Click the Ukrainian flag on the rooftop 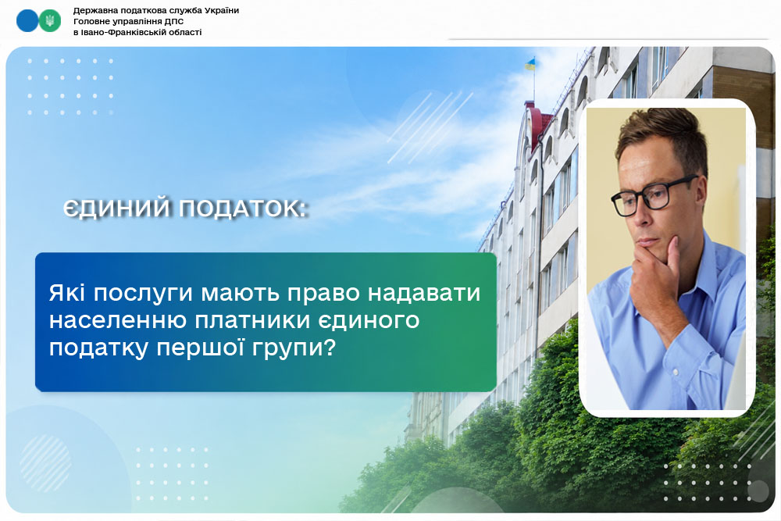point(530,64)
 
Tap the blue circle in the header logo point(27,21)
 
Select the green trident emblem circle point(50,21)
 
